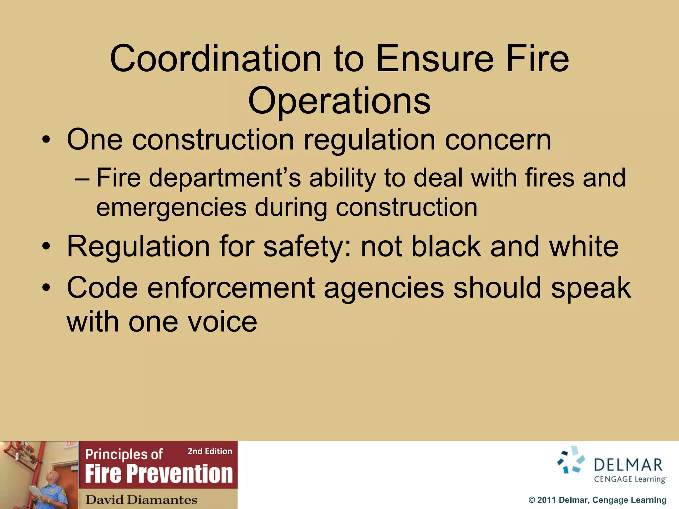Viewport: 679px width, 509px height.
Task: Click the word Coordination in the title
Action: [216, 59]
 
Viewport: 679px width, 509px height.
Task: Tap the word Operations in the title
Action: [339, 100]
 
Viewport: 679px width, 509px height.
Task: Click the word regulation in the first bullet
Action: [369, 140]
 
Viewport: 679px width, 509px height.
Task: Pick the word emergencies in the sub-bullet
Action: [171, 207]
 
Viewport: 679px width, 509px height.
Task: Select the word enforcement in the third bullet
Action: [231, 288]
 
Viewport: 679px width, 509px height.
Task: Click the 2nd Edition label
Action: [210, 451]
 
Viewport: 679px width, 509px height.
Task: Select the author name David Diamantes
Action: [141, 499]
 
